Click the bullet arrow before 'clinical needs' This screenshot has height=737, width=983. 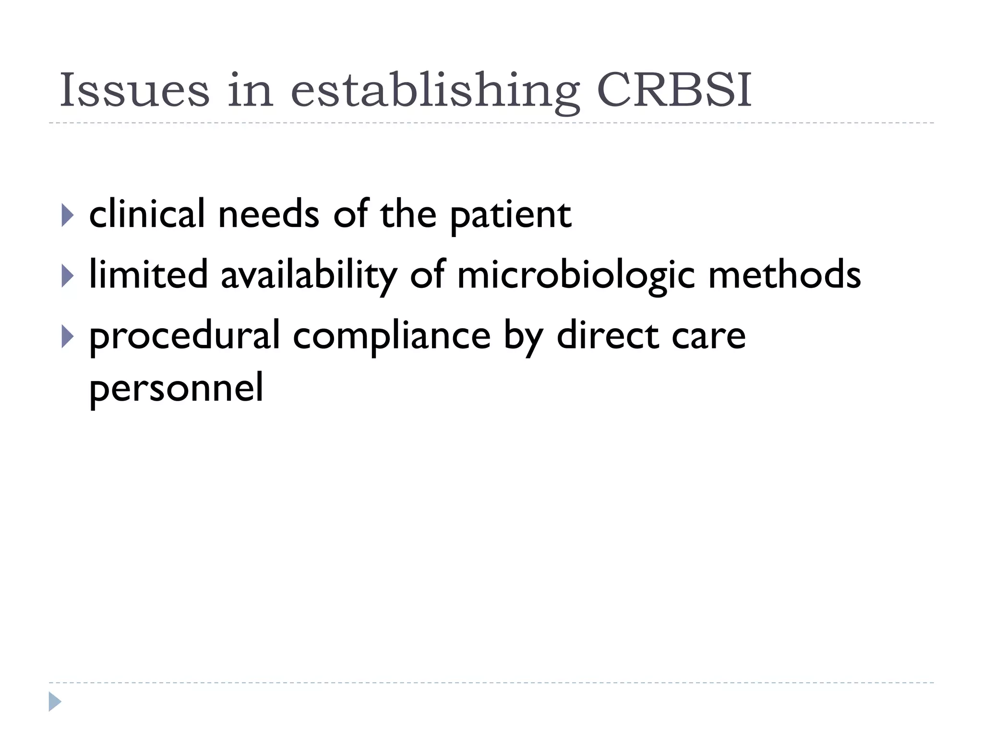coord(68,215)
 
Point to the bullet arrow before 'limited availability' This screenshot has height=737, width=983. coord(68,276)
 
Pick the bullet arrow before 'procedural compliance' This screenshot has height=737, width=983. coord(68,337)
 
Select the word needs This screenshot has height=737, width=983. coord(269,214)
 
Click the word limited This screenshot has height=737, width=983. coord(149,274)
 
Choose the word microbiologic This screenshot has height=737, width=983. coord(576,276)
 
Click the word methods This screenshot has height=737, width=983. coord(784,274)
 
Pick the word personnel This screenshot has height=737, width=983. coord(176,389)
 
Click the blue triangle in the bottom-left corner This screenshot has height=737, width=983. coord(55,702)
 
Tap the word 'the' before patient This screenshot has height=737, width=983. coord(408,214)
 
